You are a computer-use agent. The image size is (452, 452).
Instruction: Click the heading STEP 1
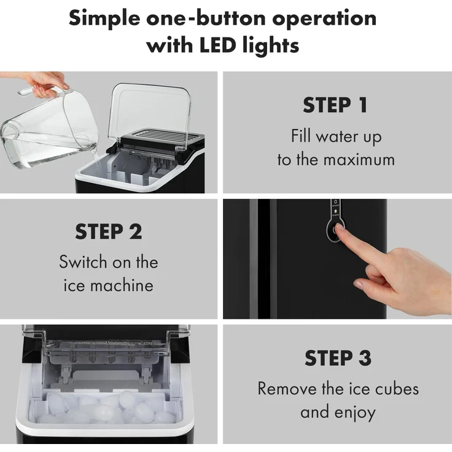(335, 105)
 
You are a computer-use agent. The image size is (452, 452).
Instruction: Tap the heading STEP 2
(109, 232)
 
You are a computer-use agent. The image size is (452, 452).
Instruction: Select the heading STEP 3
(338, 358)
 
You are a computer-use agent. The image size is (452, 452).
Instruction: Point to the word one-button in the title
(206, 18)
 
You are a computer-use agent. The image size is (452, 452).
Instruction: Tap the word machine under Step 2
(122, 286)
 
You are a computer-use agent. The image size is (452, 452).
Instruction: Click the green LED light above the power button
(335, 212)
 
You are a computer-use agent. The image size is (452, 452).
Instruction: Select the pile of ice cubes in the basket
(107, 407)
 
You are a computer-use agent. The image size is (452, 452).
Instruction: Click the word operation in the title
(324, 19)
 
